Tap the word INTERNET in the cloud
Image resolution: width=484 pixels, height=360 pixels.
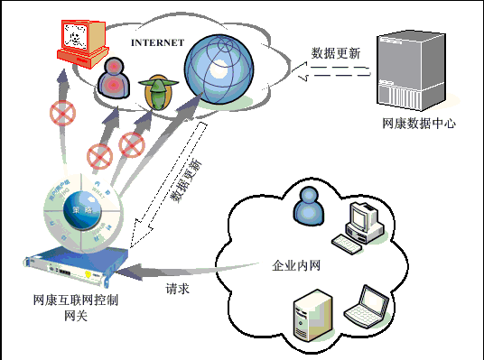(x=157, y=42)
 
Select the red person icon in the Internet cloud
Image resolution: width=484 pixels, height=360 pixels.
(x=115, y=79)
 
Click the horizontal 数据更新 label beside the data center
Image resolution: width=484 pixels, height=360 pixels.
(x=335, y=53)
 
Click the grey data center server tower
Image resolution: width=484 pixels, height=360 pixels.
(x=411, y=72)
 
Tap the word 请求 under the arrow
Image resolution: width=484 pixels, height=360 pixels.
(x=177, y=290)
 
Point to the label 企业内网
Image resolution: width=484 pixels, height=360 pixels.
(x=295, y=266)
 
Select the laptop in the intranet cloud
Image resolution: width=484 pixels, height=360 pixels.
(x=371, y=306)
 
